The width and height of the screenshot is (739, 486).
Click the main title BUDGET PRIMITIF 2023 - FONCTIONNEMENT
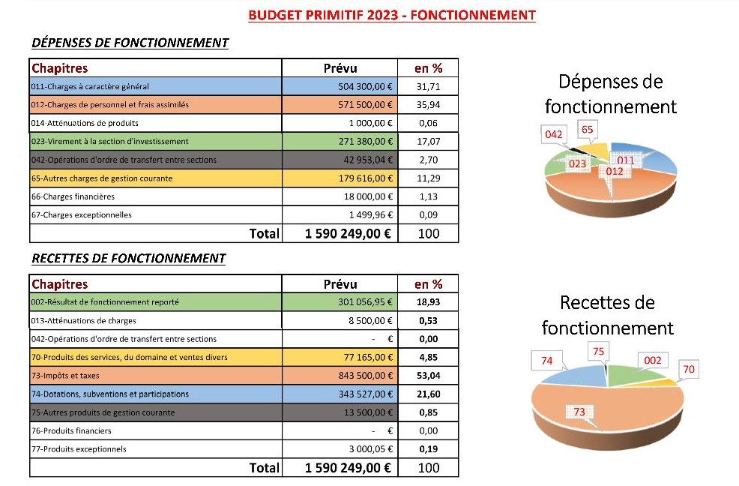[x=392, y=15]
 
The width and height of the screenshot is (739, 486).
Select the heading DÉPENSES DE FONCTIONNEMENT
[x=130, y=43]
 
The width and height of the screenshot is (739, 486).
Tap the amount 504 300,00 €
[x=365, y=86]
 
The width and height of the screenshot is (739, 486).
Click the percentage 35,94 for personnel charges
[x=428, y=105]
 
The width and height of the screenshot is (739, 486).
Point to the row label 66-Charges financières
[x=73, y=196]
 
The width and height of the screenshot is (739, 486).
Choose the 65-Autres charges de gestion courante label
[x=102, y=178]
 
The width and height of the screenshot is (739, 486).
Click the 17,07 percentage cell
[x=428, y=142]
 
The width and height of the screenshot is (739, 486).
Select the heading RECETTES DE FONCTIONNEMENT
[x=129, y=259]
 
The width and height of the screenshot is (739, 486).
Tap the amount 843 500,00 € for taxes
[x=365, y=376]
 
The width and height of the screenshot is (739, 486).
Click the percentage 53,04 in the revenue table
[x=428, y=376]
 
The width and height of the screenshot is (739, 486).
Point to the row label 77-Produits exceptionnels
[x=79, y=449]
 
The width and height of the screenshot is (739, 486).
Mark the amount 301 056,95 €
[x=365, y=302]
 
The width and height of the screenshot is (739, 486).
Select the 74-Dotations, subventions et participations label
[x=110, y=394]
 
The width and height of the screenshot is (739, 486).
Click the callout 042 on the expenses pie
[x=553, y=134]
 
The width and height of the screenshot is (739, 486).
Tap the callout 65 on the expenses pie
[x=588, y=129]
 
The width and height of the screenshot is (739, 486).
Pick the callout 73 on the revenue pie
[x=579, y=412]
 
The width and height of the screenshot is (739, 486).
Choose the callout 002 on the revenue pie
[x=653, y=361]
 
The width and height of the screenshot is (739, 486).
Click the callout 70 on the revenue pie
[x=689, y=369]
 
